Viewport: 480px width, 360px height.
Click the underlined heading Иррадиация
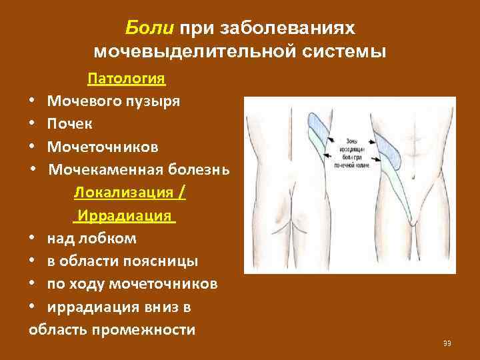(x=125, y=216)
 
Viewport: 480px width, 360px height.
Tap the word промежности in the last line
(x=147, y=330)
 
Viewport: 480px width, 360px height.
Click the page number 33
(x=447, y=343)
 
